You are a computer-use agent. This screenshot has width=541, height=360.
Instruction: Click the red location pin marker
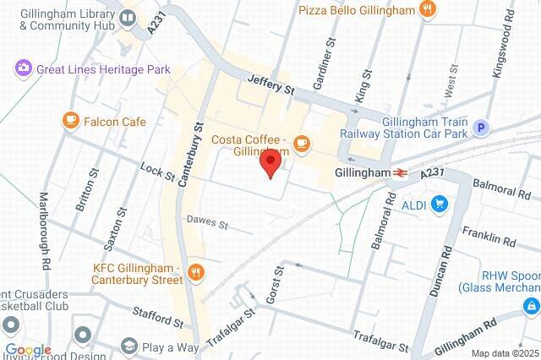pyautogui.click(x=270, y=161)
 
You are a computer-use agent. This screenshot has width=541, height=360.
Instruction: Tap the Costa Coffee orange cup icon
pyautogui.click(x=302, y=146)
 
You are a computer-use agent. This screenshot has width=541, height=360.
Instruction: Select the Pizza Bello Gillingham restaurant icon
pyautogui.click(x=429, y=10)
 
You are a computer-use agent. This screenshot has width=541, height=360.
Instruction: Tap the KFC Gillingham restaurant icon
pyautogui.click(x=196, y=271)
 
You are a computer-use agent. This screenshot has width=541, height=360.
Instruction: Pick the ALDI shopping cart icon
pyautogui.click(x=439, y=204)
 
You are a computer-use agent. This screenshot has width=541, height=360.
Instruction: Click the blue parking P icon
pyautogui.click(x=481, y=128)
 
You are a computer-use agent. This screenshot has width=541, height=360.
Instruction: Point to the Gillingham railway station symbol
pyautogui.click(x=401, y=172)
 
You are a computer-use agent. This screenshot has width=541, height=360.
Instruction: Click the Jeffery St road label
pyautogui.click(x=270, y=83)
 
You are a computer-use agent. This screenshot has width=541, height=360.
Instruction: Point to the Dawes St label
pyautogui.click(x=207, y=223)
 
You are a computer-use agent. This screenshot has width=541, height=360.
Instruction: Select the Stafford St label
pyautogui.click(x=157, y=317)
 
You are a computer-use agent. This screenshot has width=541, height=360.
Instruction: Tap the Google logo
pyautogui.click(x=27, y=350)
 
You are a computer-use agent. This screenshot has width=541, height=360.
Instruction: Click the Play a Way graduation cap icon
pyautogui.click(x=128, y=346)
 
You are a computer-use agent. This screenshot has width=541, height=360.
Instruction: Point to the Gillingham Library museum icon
pyautogui.click(x=128, y=17)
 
